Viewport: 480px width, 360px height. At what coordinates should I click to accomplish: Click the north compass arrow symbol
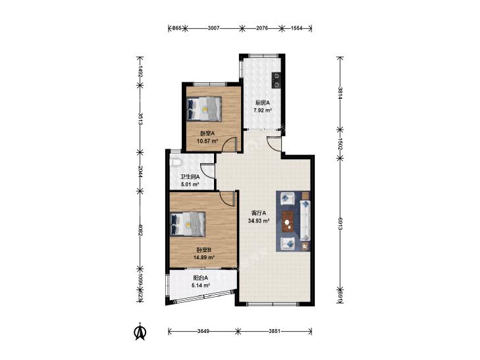(x=141, y=332)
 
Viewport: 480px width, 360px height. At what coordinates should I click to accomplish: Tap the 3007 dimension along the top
(x=213, y=28)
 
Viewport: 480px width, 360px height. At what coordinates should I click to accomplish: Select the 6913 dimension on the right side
(x=340, y=222)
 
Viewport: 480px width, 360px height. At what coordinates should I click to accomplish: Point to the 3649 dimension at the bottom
(x=203, y=331)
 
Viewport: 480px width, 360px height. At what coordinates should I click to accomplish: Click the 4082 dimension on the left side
(x=140, y=230)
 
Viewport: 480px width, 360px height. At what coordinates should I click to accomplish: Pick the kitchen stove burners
(x=277, y=80)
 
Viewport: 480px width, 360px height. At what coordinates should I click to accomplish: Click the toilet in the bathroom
(x=175, y=161)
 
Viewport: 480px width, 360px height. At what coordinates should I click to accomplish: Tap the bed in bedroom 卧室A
(x=204, y=109)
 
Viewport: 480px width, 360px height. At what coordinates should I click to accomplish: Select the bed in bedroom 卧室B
(x=188, y=224)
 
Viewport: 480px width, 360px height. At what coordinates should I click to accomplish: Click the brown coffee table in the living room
(x=288, y=221)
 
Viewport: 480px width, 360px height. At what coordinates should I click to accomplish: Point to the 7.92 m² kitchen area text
(x=263, y=111)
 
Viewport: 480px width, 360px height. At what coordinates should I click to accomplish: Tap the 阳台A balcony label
(x=201, y=278)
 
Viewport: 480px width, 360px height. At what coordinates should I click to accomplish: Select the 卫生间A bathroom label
(x=190, y=176)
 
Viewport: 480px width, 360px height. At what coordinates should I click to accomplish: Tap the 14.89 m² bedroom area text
(x=204, y=257)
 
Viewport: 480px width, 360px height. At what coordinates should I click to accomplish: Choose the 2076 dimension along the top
(x=262, y=28)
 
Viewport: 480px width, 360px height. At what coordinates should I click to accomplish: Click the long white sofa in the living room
(x=305, y=220)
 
